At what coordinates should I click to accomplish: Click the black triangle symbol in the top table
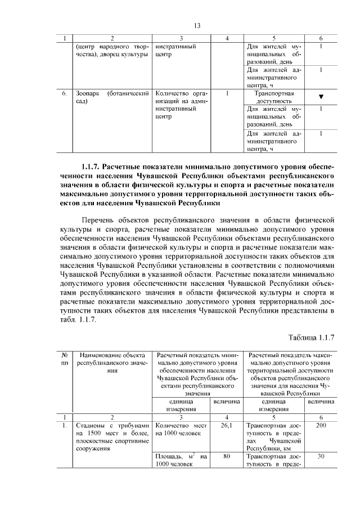pos(320,97)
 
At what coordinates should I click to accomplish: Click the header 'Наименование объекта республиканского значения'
pos(112,363)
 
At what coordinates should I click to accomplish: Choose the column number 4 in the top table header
pos(227,38)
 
